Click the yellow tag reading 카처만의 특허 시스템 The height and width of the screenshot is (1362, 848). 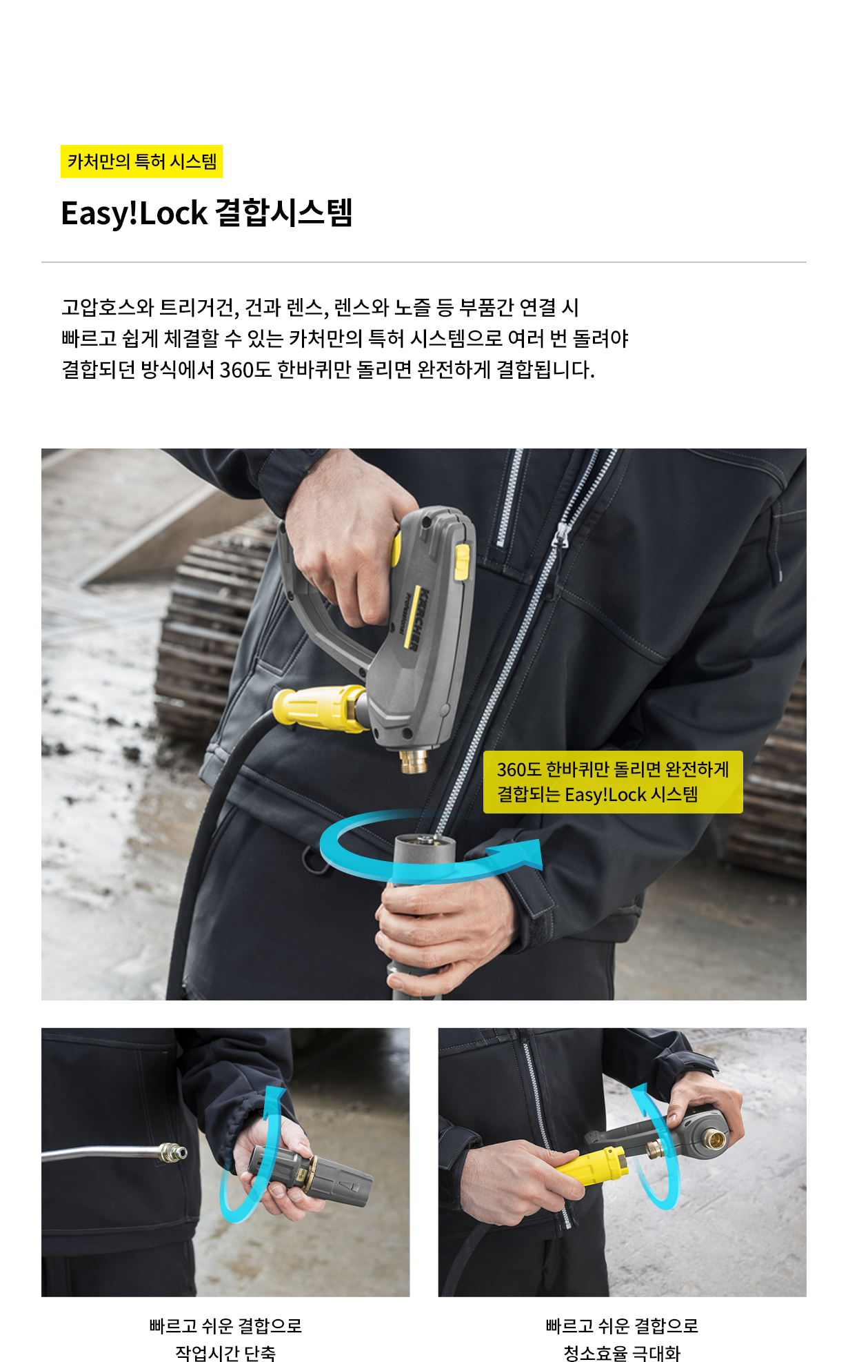point(141,161)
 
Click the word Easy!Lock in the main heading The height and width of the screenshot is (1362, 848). point(134,213)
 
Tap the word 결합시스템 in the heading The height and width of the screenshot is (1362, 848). point(284,213)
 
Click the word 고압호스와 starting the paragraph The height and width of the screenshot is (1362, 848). point(107,307)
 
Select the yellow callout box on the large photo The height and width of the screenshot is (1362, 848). point(613,782)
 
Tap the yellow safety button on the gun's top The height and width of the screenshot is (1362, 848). point(461,560)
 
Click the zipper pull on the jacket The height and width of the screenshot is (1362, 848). point(563,535)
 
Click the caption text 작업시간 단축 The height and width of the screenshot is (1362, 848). point(225,1353)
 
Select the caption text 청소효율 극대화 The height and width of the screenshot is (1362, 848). point(622,1353)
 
